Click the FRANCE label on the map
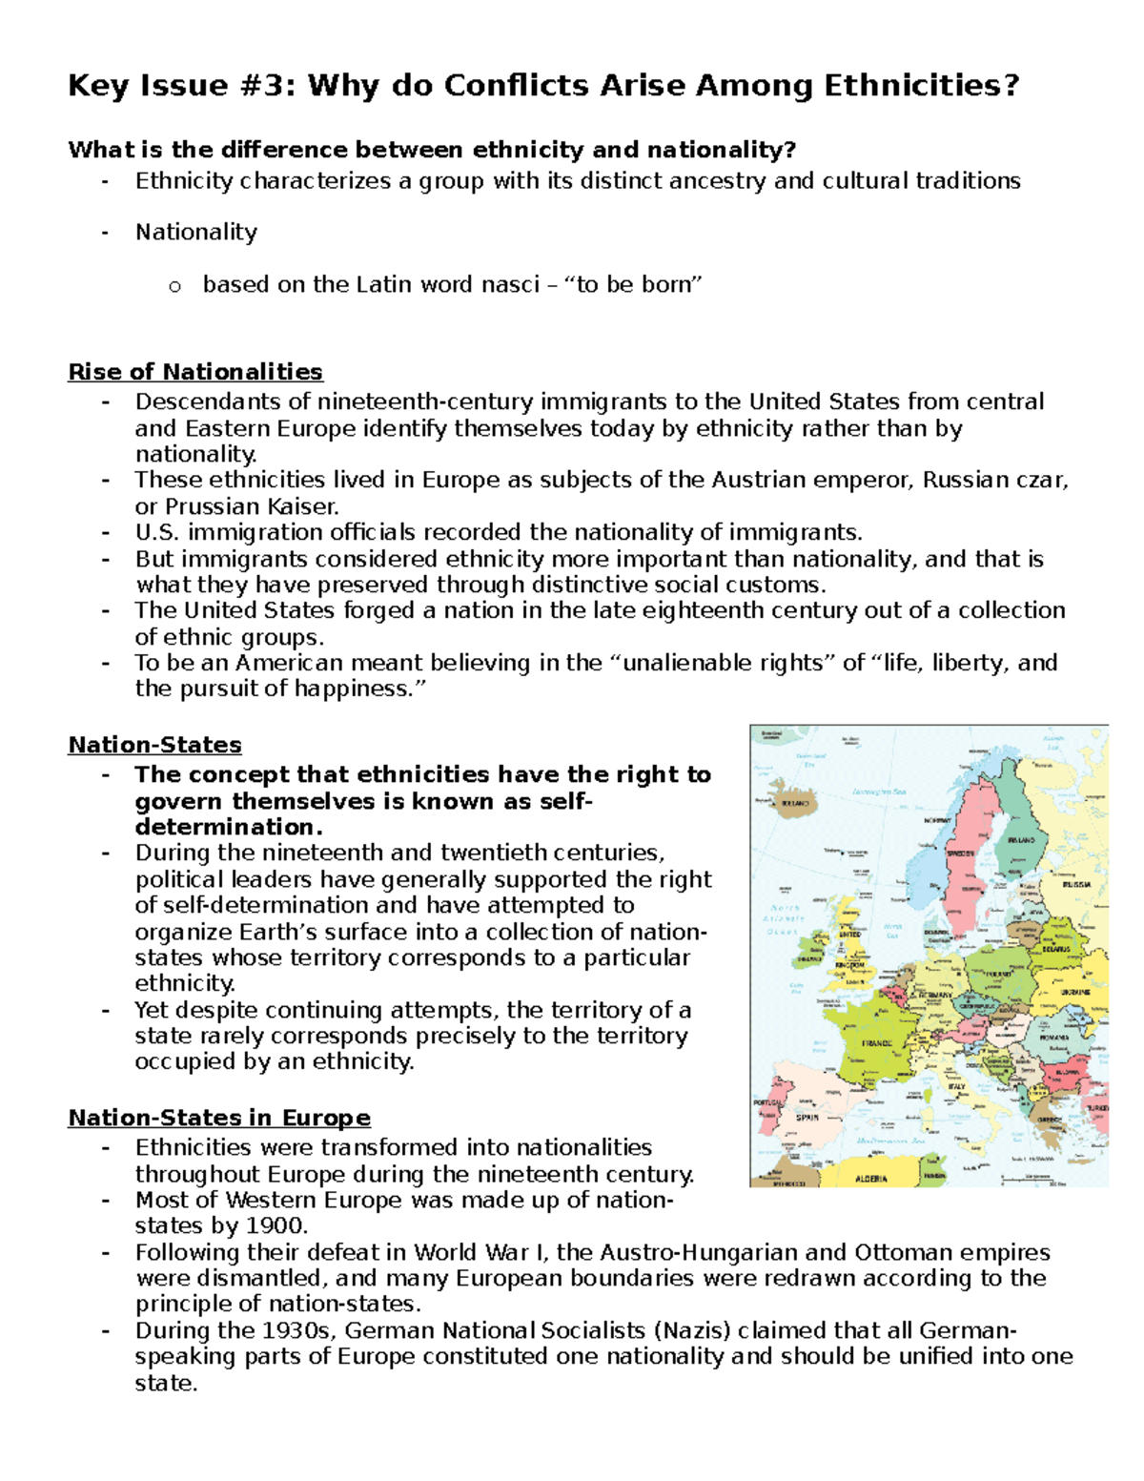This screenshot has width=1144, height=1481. point(876,1043)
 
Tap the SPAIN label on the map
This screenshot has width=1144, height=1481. point(807,1117)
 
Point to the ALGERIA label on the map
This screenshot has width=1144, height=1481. point(870,1179)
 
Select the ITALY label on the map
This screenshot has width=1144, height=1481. point(956,1086)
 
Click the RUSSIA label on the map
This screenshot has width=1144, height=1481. point(1076,884)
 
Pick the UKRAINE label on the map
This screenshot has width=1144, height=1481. point(1075,992)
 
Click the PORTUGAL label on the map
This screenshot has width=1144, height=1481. point(767,1102)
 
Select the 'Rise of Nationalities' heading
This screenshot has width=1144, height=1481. point(195,371)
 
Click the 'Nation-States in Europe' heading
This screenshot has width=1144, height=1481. point(219,1117)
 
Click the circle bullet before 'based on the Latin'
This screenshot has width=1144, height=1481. point(174,286)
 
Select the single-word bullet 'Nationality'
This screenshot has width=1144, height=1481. point(195,233)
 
